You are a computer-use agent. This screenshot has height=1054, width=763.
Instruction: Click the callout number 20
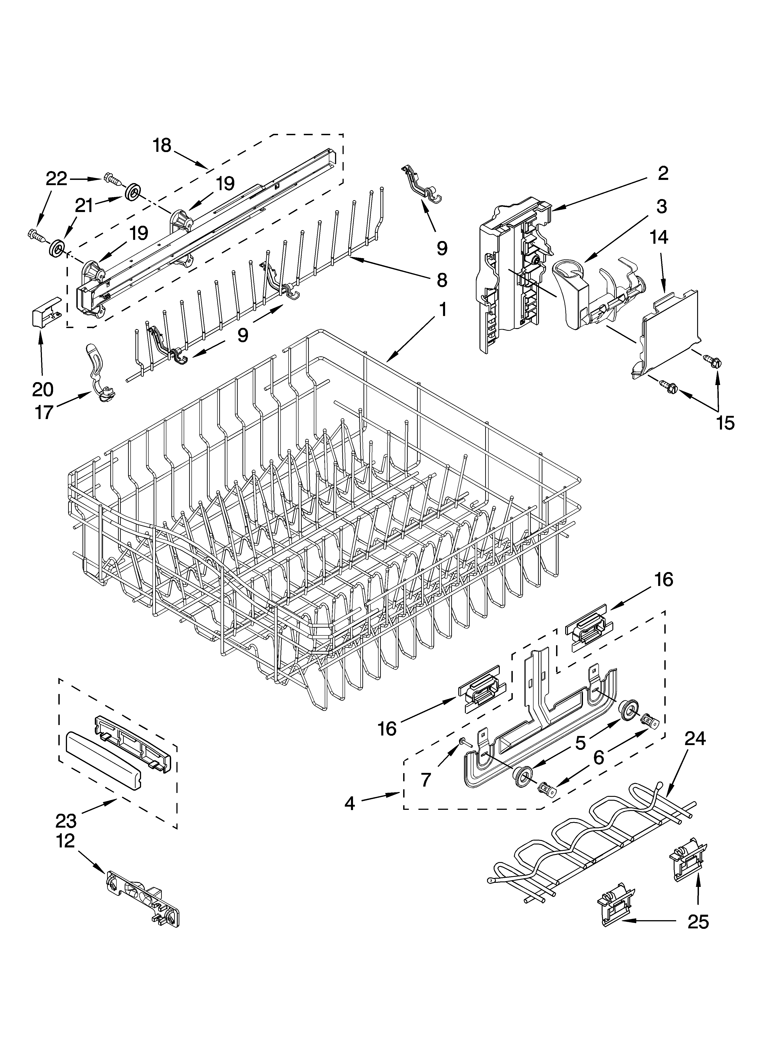point(43,389)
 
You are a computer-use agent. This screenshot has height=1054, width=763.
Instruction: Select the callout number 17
point(44,412)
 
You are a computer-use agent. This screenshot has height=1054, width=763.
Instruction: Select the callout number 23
point(65,821)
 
